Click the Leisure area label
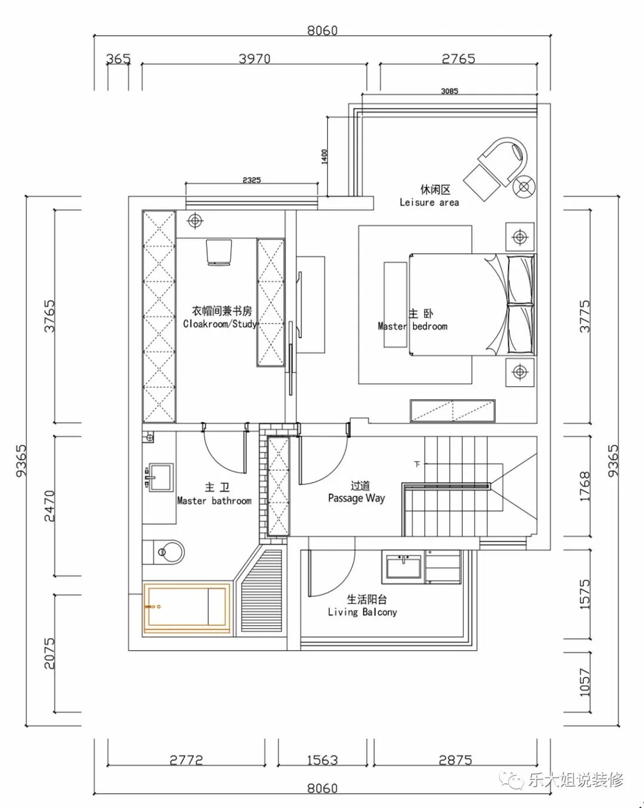429,203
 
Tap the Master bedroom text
413,326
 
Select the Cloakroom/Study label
220,324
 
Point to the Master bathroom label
214,501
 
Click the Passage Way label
356,498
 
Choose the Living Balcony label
362,612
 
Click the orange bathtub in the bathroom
187,608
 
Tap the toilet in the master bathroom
163,552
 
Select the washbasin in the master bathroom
161,477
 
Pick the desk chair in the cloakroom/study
219,252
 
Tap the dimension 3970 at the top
255,58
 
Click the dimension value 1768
585,487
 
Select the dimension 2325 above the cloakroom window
252,180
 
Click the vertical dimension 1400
324,156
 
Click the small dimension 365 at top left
118,58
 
